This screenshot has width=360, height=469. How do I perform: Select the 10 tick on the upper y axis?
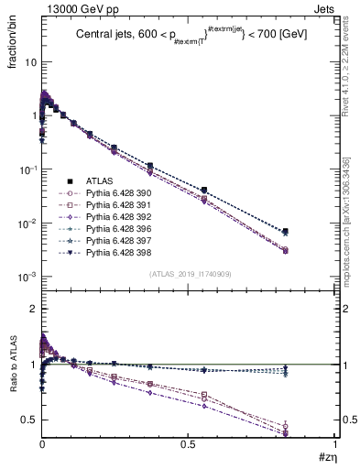coord(30,62)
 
